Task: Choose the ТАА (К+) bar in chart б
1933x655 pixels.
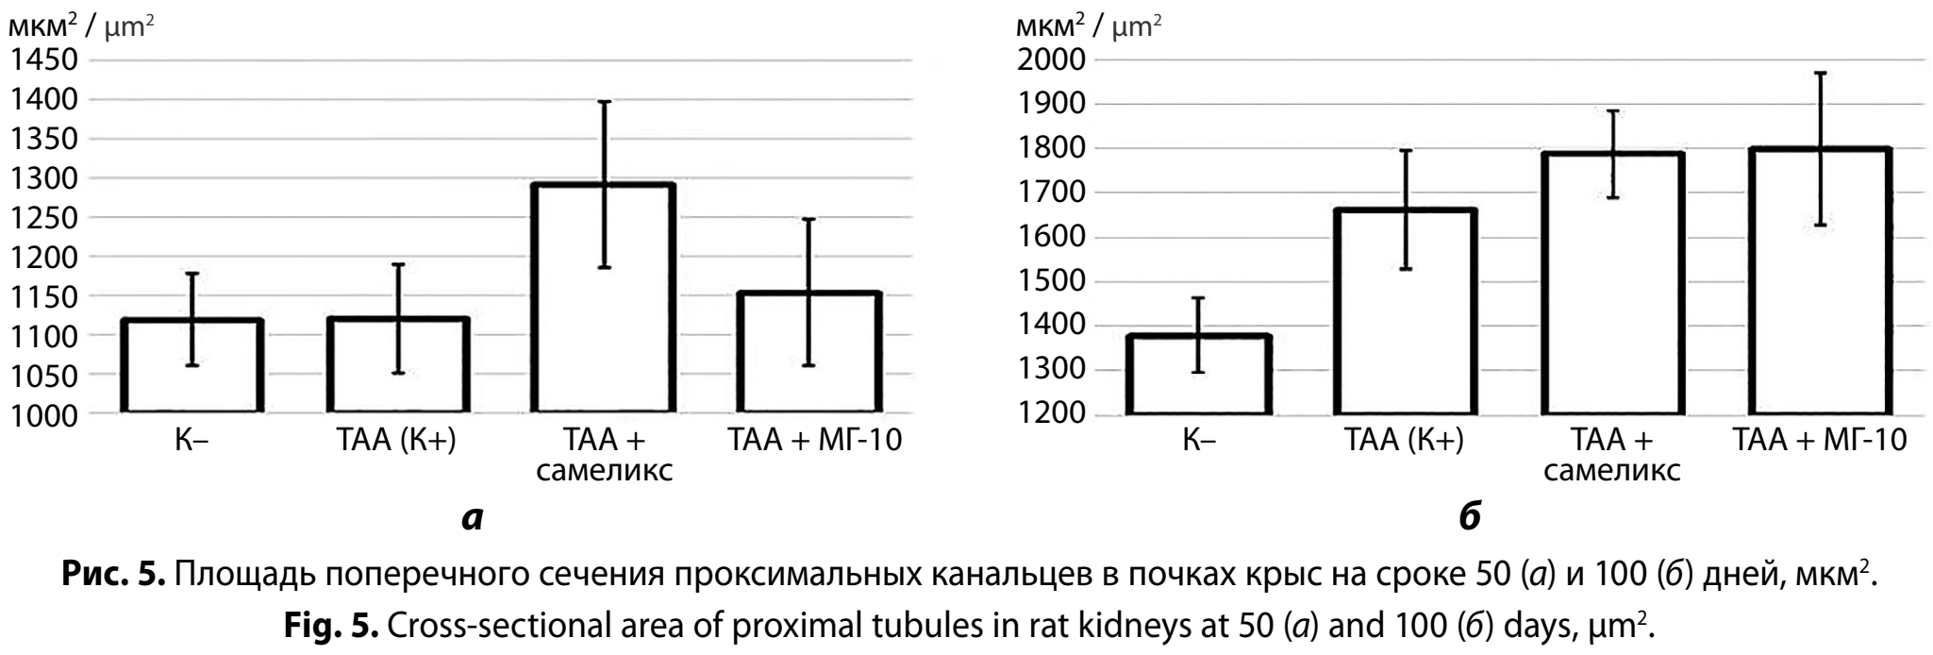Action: (1406, 312)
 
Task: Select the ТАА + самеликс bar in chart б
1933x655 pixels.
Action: (1612, 284)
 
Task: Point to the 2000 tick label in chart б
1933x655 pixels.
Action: (1051, 60)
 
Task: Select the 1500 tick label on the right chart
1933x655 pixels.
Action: (1051, 281)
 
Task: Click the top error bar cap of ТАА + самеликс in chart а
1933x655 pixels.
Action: (604, 101)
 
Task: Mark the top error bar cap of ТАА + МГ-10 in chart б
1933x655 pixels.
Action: (1820, 73)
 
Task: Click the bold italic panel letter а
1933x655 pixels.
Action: (473, 518)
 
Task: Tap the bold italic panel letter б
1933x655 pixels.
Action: (1470, 516)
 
